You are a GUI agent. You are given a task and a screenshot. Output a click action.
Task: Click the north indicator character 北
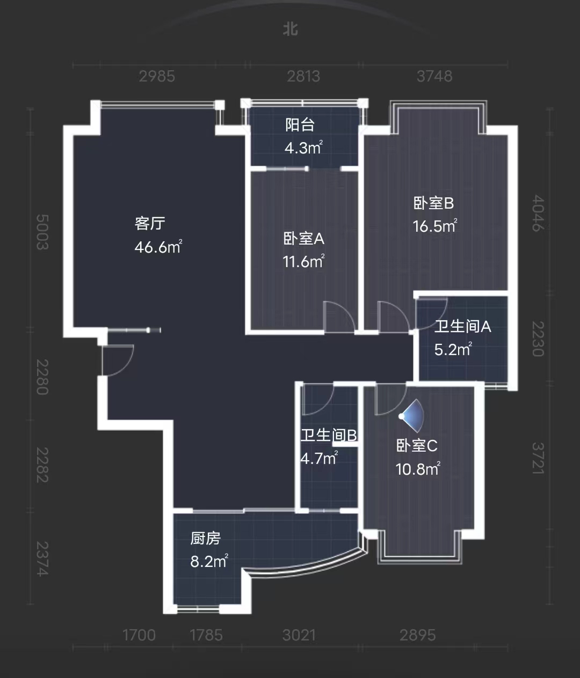[x=291, y=29]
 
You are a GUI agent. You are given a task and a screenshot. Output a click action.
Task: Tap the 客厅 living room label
[x=150, y=223]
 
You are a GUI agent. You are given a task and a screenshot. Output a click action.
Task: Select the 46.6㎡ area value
[x=158, y=247]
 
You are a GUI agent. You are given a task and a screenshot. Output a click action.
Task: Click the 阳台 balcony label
[x=300, y=125]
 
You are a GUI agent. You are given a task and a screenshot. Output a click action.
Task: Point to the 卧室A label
[x=303, y=238]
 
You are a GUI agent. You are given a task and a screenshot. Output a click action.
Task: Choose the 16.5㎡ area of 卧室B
[x=434, y=226]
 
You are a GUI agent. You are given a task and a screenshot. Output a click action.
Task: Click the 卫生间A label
[x=462, y=326]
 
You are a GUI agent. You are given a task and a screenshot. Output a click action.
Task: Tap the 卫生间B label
[x=328, y=435]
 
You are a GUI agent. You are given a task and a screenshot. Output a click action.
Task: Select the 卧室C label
[x=417, y=445]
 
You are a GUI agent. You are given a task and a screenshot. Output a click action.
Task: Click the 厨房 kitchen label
[x=206, y=538]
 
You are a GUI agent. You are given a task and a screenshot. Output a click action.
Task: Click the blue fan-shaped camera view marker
[x=414, y=415]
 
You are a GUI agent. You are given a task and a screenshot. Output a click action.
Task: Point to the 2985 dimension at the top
[x=157, y=76]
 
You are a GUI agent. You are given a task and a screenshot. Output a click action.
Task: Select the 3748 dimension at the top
[x=434, y=76]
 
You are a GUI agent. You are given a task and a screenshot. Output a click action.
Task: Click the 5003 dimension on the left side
[x=42, y=232]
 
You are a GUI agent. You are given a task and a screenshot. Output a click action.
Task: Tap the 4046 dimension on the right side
[x=538, y=213]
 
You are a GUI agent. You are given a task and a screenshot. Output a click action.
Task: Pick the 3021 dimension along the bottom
[x=299, y=635]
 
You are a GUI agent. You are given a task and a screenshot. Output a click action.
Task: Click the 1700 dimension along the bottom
[x=139, y=635]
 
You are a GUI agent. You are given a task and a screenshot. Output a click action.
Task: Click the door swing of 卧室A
[x=339, y=316]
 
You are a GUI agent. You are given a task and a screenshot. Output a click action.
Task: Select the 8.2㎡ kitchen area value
[x=209, y=562]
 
